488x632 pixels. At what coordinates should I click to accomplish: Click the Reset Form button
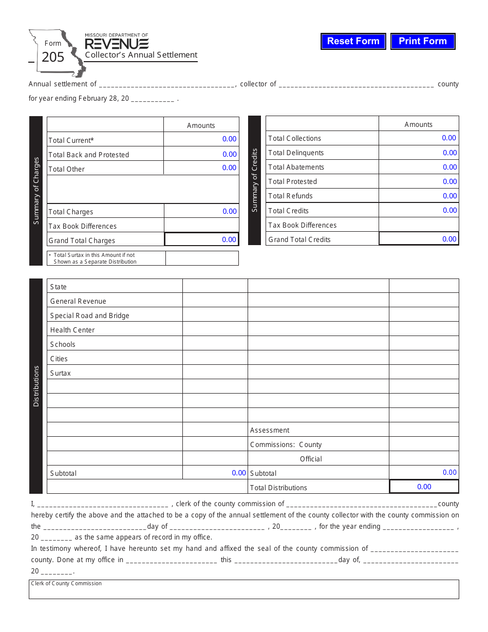(353, 41)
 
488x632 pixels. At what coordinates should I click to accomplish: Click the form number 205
(53, 57)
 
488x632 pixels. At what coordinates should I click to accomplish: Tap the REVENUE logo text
(117, 44)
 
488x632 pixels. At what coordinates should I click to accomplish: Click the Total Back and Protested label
(88, 155)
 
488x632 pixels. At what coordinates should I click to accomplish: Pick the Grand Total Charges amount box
(201, 239)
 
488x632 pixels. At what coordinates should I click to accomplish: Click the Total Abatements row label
(296, 167)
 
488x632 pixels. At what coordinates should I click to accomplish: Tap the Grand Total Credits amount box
(419, 239)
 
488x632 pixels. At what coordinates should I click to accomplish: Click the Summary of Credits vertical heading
(254, 180)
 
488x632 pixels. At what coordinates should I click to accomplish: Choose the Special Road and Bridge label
(89, 315)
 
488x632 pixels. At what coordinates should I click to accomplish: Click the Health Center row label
(72, 330)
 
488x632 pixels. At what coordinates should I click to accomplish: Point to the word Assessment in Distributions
(270, 430)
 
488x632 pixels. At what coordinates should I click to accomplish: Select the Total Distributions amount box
(424, 487)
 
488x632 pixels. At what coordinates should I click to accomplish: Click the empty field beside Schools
(215, 344)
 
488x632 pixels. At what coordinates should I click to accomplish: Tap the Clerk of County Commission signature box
(243, 590)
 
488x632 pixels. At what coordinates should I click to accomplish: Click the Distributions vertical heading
(36, 386)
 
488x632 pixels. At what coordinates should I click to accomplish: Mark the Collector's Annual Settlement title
(141, 55)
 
